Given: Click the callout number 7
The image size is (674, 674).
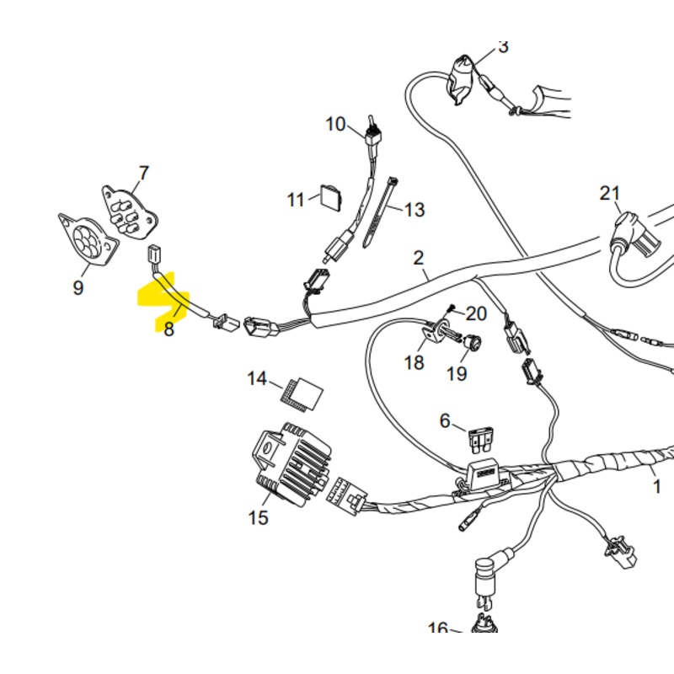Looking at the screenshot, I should [143, 174].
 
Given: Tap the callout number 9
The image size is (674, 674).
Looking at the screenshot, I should [78, 288].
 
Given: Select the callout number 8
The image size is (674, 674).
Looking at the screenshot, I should [169, 329].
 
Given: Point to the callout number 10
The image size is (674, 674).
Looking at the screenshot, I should [335, 125].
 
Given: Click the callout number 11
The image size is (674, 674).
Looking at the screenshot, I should [295, 201].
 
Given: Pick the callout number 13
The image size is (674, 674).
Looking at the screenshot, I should [415, 210].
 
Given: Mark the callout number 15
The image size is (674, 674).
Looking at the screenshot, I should [259, 517].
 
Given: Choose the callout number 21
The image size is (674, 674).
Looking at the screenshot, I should [610, 194].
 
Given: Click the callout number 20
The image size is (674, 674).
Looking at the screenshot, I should [476, 314].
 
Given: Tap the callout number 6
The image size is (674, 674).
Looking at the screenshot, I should [446, 420].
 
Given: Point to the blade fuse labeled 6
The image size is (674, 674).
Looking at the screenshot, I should [482, 438].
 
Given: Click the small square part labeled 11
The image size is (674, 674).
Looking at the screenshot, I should [330, 195].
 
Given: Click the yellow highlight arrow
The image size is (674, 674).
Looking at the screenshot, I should [160, 297].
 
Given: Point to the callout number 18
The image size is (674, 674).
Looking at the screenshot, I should [415, 362].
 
